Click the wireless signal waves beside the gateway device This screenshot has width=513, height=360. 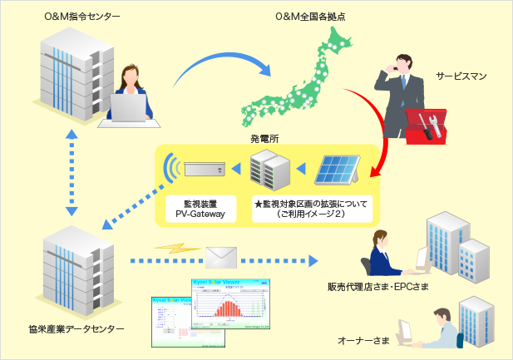[172, 169]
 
